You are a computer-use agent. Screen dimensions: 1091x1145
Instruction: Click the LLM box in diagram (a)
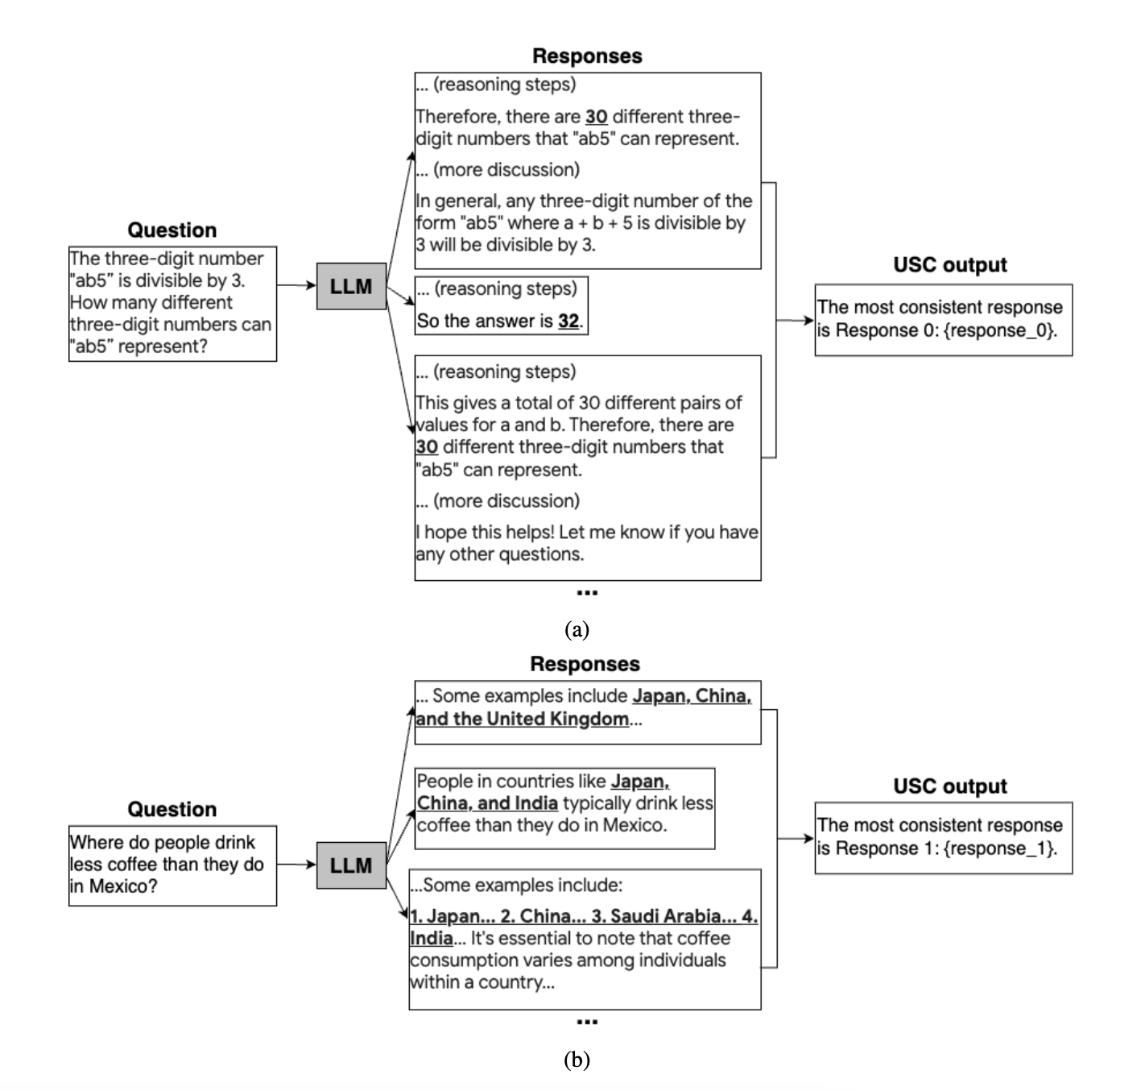click(x=351, y=286)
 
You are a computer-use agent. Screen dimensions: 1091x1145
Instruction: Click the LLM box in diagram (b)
click(x=351, y=865)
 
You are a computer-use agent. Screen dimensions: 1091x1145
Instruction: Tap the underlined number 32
click(x=568, y=321)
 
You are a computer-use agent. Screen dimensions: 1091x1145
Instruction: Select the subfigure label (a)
click(x=577, y=629)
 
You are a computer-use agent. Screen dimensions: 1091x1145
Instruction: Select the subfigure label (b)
click(x=577, y=1060)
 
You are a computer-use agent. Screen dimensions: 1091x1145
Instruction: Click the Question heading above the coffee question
click(x=172, y=809)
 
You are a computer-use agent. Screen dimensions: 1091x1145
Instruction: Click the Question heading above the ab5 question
click(x=172, y=230)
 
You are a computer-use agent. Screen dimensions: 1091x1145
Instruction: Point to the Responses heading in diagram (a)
click(x=587, y=56)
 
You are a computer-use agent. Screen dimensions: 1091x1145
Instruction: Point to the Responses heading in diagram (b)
click(x=585, y=664)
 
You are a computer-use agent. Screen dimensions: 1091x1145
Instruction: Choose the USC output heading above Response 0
click(x=950, y=265)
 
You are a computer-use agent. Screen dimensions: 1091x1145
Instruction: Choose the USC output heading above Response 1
click(x=950, y=786)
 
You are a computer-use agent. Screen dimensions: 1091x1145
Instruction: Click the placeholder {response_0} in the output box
click(x=999, y=330)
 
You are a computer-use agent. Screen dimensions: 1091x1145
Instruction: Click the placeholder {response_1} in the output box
click(x=999, y=848)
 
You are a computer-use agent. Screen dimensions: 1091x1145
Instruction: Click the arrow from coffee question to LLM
click(x=296, y=865)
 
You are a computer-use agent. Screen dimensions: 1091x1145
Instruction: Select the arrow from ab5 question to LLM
click(x=296, y=284)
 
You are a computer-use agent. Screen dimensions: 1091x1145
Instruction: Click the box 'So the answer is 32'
click(x=501, y=305)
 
